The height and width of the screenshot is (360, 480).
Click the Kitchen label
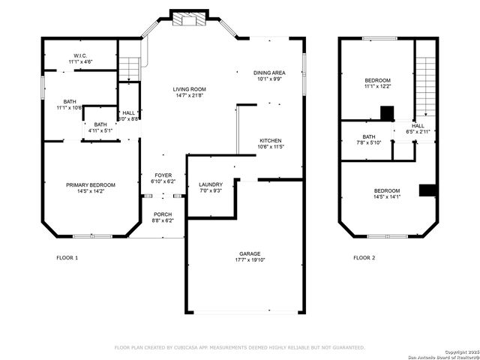coord(270,142)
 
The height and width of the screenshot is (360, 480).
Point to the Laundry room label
coord(210,187)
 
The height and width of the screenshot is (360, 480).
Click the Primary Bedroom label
coord(91,187)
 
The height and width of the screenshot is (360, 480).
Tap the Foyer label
coord(163,178)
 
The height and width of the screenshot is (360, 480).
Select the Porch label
coord(163,217)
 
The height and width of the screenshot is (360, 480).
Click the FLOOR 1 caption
coord(67,258)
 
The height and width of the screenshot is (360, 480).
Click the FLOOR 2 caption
coord(364,258)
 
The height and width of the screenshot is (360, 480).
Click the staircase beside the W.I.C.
coord(130,67)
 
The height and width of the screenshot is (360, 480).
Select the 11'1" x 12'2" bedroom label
coord(377,83)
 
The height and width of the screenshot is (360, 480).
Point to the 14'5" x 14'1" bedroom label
coord(387,193)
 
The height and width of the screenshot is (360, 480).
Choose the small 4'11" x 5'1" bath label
coord(100,127)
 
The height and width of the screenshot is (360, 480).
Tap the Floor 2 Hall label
coord(418,129)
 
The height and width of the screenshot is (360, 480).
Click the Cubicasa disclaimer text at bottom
coord(239,347)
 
